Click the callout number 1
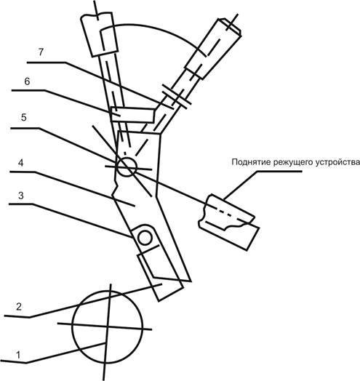(x=18, y=356)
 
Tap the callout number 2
(x=19, y=307)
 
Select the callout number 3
(x=21, y=196)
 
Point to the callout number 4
(x=21, y=163)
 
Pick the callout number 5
(x=23, y=117)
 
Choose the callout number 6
(x=27, y=81)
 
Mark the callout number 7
(x=41, y=52)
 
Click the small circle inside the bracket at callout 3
(x=145, y=238)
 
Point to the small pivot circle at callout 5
(x=126, y=167)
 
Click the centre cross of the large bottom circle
(x=107, y=326)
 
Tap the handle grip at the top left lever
(x=99, y=34)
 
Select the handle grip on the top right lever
(x=213, y=48)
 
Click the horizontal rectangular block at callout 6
(x=132, y=115)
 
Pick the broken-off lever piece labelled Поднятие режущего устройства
(x=229, y=222)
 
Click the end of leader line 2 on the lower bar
(x=162, y=284)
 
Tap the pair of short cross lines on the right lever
(x=177, y=97)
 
